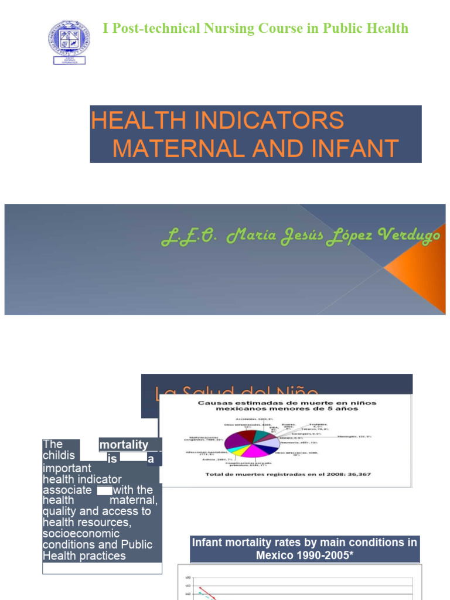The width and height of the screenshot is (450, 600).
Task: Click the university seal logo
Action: click(69, 42)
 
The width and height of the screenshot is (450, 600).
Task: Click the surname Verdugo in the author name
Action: click(409, 236)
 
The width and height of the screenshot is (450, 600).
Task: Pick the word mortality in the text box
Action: click(124, 445)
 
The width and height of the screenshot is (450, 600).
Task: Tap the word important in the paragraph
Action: click(67, 468)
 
